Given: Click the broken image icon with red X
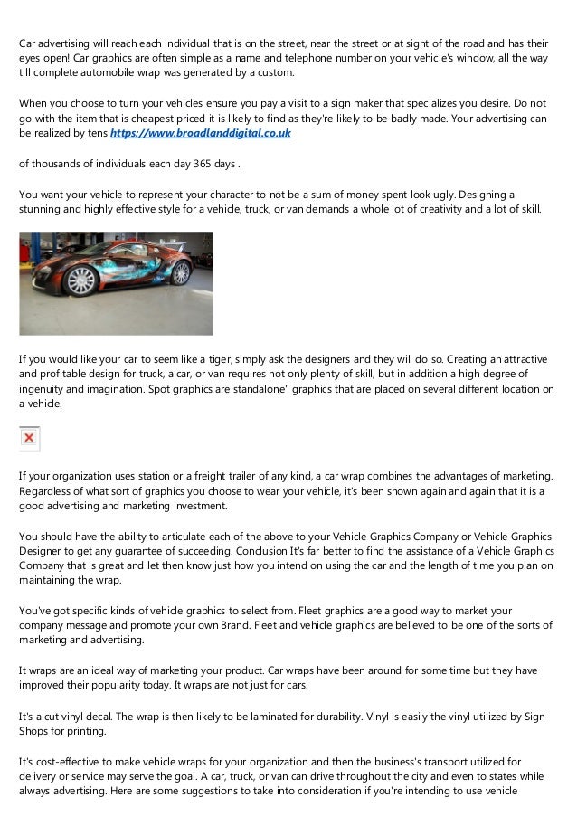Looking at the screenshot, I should pyautogui.click(x=30, y=438).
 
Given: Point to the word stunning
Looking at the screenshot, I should pyautogui.click(x=43, y=209).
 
